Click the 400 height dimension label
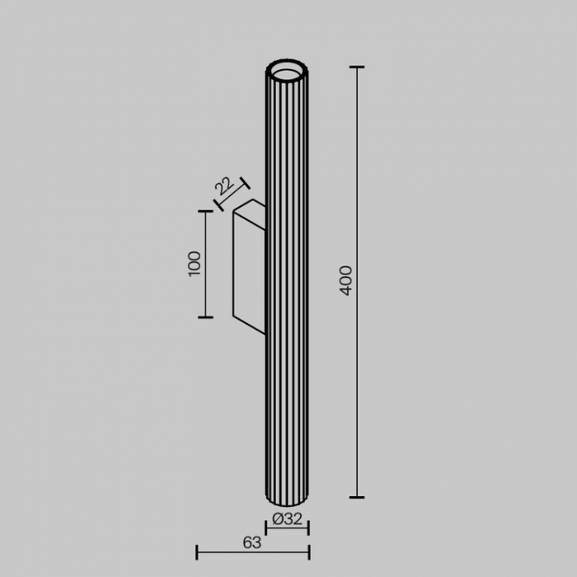(346, 280)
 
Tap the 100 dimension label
(195, 264)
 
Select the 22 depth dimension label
(224, 186)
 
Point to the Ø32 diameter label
(287, 518)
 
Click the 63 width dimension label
(252, 542)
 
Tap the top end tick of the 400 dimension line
(357, 67)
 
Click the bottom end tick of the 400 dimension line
(357, 497)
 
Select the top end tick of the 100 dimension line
(205, 211)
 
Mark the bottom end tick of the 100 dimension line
(205, 317)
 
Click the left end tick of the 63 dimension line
(197, 552)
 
